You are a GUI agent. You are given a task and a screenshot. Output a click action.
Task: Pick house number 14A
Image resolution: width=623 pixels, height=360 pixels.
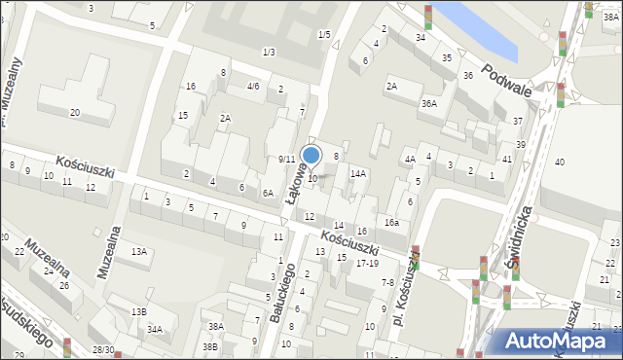[x=357, y=173]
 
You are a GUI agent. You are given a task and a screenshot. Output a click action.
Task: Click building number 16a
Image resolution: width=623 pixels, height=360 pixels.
[x=390, y=223]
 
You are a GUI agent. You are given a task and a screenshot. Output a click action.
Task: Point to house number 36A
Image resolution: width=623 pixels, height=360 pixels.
[x=428, y=103]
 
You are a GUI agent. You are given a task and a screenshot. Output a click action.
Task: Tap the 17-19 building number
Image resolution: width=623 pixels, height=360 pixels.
[x=367, y=264]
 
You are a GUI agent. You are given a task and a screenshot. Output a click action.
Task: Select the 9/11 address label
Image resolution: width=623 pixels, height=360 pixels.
[x=286, y=159]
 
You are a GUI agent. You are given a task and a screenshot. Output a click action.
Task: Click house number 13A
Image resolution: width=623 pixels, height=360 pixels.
[x=139, y=252]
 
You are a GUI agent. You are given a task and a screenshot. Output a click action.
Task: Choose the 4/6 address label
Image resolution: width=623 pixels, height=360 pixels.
[x=253, y=86]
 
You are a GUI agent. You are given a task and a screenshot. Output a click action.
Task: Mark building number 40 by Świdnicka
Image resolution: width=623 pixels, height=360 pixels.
[x=560, y=162]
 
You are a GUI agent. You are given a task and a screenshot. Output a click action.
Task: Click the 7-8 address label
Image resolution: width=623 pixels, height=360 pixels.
[x=387, y=282]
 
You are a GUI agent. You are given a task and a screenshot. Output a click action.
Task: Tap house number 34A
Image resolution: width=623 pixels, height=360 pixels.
[x=155, y=329]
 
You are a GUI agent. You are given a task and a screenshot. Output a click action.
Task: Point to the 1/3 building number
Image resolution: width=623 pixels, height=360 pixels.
[x=268, y=52]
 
